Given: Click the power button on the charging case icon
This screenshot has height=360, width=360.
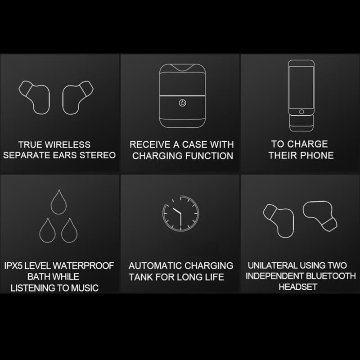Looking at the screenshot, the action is pos(183,103).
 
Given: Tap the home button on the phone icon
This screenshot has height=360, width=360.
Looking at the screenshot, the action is pos(301,112).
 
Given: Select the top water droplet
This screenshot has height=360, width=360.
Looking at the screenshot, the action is pos(59,202).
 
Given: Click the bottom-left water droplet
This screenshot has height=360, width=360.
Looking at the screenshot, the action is pos(48,230).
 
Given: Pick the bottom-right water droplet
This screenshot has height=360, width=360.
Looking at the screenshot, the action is pos(69,230).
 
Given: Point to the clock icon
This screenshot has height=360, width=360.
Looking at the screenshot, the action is pos(180,213).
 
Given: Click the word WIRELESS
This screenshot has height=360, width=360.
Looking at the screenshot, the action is pos(67,144).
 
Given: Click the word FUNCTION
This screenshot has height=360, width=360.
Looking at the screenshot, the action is pos(209,156).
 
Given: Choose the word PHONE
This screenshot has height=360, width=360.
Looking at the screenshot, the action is pos(317,155).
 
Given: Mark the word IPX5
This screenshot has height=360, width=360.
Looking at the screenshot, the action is pos(13,265).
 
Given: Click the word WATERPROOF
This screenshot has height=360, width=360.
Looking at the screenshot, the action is pos(83,265).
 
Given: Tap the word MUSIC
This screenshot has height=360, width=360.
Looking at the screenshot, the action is pos(85,288).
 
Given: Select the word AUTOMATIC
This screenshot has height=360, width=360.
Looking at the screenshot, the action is pos(155,265).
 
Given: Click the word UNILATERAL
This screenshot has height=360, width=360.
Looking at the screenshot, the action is pos(273,265).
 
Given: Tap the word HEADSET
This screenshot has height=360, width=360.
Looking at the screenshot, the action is pos(298,287).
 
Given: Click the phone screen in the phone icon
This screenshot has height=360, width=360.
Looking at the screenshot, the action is pos(301,87).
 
